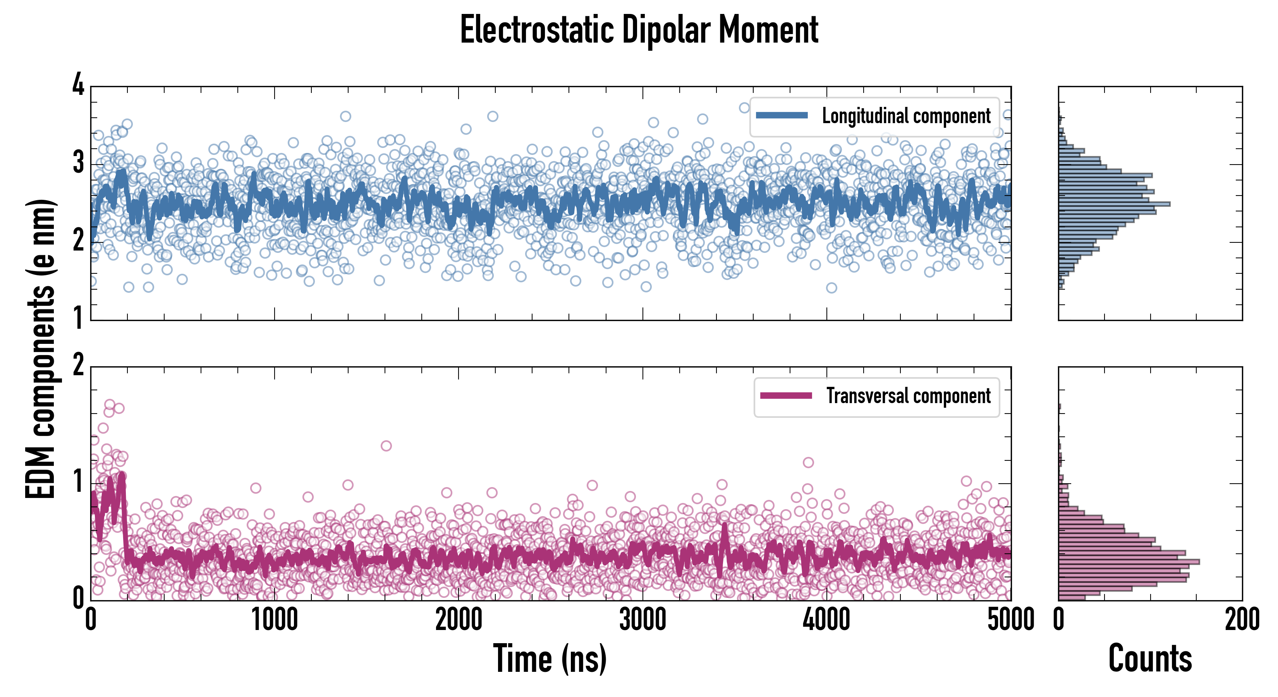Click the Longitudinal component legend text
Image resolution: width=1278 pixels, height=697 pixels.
tap(906, 116)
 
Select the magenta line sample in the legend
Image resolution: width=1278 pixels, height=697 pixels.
tap(786, 396)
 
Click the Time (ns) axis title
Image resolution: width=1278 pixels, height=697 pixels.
tap(550, 658)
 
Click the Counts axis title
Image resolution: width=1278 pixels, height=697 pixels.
tap(1150, 658)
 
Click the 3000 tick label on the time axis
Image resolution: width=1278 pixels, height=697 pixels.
tap(643, 620)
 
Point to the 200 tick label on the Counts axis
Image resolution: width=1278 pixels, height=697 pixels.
tap(1242, 620)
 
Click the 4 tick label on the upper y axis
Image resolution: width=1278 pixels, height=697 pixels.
tap(78, 84)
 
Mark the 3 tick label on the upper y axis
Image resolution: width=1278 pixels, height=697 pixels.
tap(78, 162)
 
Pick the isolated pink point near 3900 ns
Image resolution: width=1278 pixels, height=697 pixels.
tap(808, 463)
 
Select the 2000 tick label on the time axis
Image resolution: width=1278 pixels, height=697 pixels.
tap(459, 620)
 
